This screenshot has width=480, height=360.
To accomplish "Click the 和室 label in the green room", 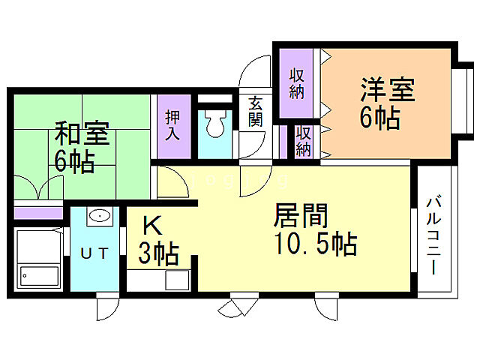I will (x=82, y=136).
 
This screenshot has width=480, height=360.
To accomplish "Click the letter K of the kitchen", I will (x=151, y=225).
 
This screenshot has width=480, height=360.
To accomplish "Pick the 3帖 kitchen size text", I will (x=157, y=254).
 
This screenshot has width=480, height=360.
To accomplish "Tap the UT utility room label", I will (x=96, y=253).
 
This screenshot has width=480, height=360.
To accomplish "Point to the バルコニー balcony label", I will (x=433, y=234).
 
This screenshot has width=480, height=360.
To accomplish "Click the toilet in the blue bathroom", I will (x=215, y=124).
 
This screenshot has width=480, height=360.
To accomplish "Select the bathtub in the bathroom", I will (x=39, y=275).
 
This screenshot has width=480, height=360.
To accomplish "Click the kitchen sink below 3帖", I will (x=178, y=280).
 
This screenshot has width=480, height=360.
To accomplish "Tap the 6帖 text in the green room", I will (x=73, y=162).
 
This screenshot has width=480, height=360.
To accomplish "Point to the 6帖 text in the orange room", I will (x=379, y=118).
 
